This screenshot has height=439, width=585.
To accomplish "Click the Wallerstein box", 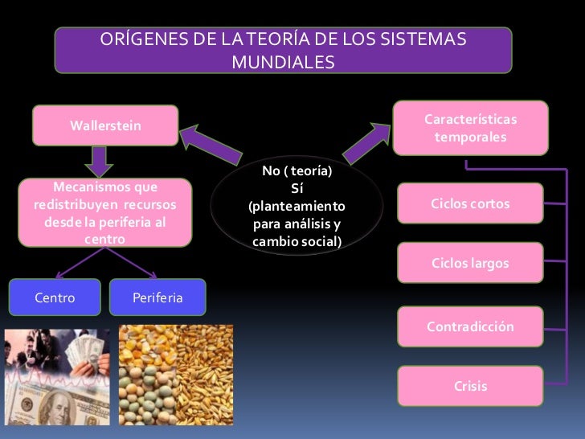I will coord(104,126).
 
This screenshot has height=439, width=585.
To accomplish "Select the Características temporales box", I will coord(470,128).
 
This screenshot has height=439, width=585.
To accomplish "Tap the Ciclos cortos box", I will coord(470,204).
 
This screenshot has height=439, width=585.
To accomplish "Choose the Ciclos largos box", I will coord(470,264).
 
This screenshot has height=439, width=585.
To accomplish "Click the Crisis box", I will coord(470,387).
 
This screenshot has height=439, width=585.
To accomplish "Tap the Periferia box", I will coord(157,298).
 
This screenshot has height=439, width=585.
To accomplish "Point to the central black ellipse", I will coord(296,206).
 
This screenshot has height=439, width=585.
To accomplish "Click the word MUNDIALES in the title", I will coord(282,62).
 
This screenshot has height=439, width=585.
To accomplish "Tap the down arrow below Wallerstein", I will coord(99,160).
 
